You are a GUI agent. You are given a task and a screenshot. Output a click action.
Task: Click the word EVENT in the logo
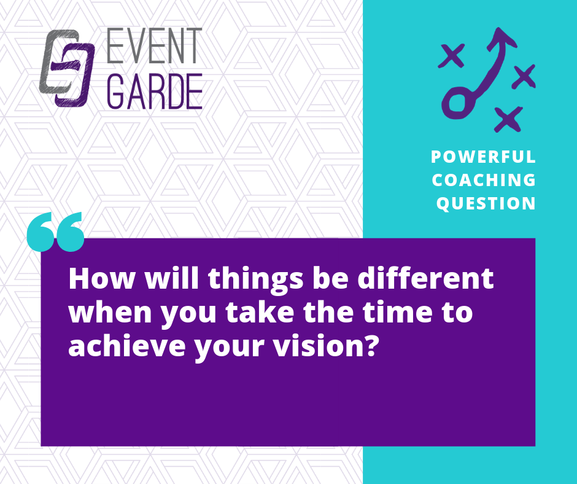(155, 45)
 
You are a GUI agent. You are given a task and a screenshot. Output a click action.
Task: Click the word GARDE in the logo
(155, 92)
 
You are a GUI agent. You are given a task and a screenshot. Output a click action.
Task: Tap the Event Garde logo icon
(67, 68)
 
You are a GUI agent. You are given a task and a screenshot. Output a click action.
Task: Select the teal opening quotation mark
(56, 232)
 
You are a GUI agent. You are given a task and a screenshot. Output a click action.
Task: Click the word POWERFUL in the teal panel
(483, 157)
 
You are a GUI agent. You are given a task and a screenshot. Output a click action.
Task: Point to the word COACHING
(484, 180)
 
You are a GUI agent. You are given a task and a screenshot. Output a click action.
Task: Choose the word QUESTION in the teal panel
(486, 203)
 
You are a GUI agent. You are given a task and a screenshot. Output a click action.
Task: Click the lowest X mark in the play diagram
(508, 119)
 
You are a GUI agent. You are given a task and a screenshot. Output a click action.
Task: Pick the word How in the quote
(102, 279)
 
